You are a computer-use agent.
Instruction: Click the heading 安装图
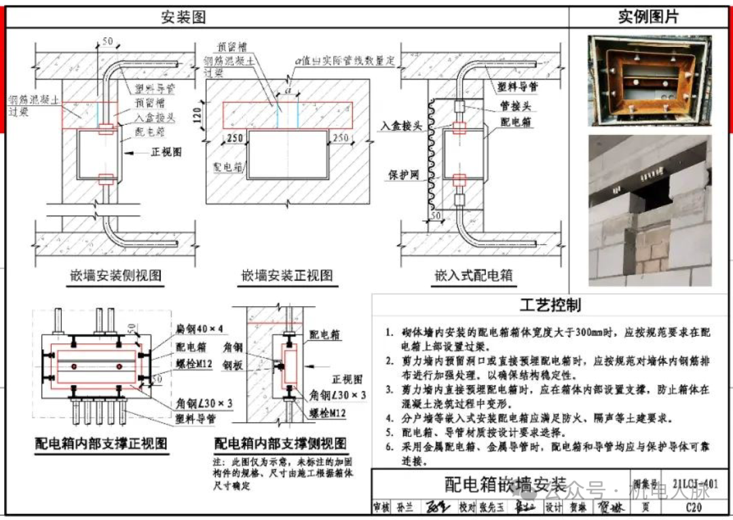(x=183, y=18)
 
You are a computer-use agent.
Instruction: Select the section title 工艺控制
(x=550, y=305)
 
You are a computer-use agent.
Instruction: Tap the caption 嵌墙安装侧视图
(x=116, y=276)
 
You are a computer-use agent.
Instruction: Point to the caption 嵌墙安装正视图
(x=288, y=276)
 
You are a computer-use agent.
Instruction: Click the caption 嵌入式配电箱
(x=473, y=276)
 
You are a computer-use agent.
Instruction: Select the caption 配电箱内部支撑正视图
(x=102, y=444)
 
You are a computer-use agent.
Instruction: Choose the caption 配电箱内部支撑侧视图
(x=280, y=444)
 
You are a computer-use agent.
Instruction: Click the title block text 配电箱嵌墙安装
(x=505, y=484)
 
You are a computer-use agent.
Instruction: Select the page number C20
(x=694, y=507)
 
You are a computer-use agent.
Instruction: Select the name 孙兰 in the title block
(x=405, y=507)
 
